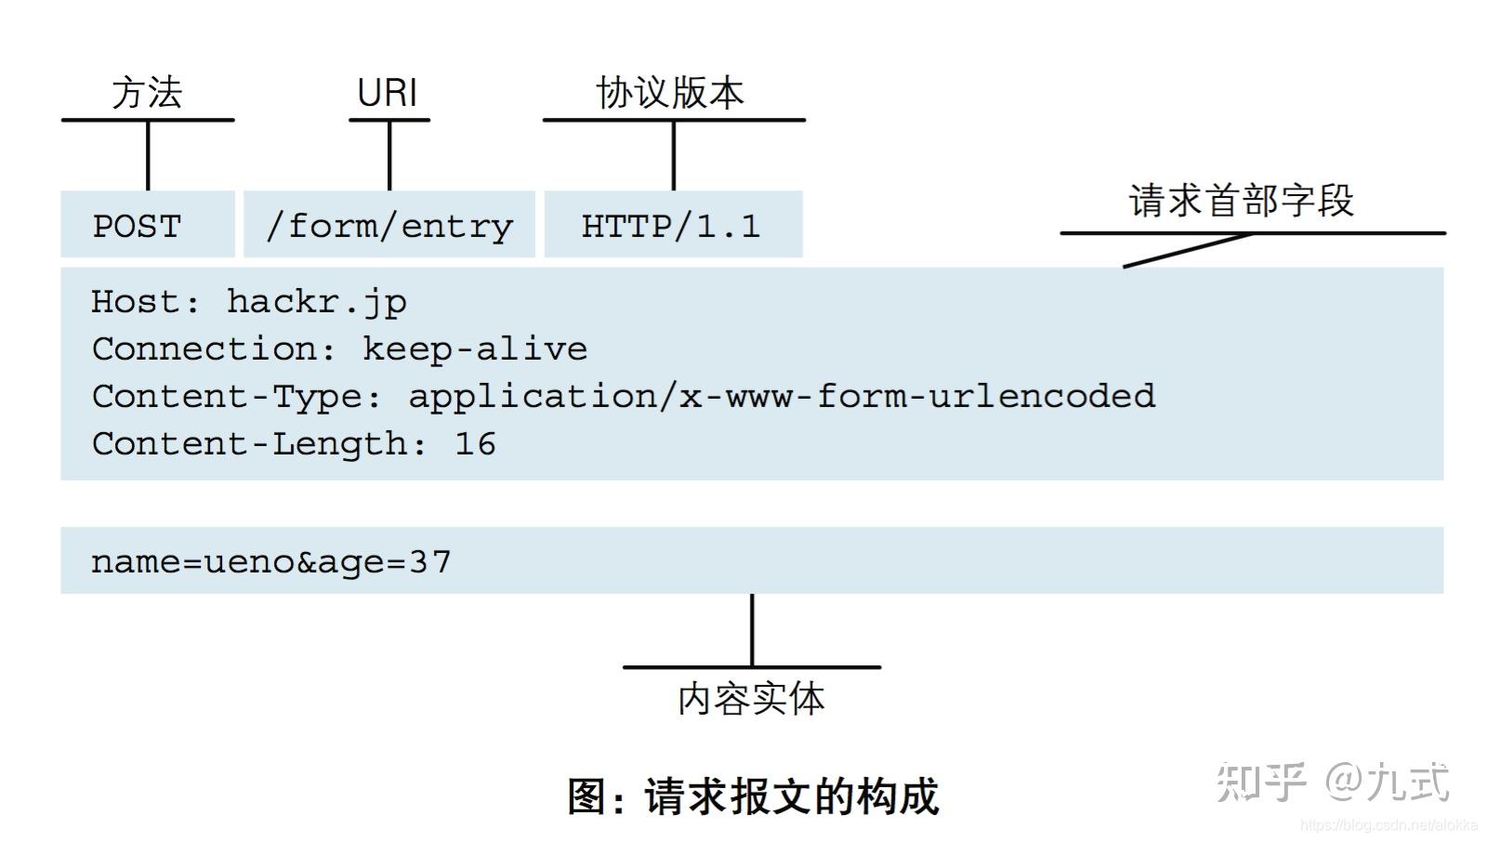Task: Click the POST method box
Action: click(147, 225)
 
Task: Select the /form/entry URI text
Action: click(389, 226)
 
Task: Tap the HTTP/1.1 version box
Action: click(672, 226)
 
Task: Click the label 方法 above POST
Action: click(147, 93)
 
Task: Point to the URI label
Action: click(388, 93)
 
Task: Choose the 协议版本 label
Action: click(670, 93)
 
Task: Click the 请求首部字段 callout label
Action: click(1242, 201)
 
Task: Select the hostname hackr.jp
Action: click(317, 302)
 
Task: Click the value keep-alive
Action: click(475, 349)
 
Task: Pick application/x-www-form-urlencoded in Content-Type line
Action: click(782, 397)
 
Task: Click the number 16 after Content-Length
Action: click(475, 444)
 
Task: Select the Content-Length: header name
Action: click(259, 444)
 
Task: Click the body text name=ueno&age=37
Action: click(270, 562)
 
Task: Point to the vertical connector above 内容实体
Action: click(752, 630)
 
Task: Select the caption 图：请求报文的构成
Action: click(753, 797)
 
